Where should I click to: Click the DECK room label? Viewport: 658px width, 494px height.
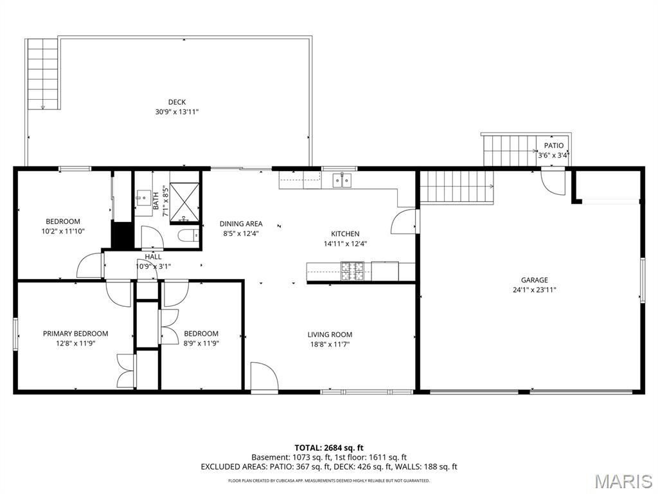(x=177, y=102)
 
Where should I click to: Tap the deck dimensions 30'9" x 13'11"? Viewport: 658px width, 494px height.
(x=177, y=112)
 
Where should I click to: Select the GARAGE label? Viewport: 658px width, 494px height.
(x=534, y=280)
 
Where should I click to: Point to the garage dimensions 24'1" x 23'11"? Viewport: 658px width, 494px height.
(x=534, y=290)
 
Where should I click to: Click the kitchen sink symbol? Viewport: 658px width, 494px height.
(x=343, y=180)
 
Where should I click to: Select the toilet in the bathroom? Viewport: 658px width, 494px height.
(x=189, y=236)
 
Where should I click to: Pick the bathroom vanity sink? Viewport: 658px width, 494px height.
(x=143, y=197)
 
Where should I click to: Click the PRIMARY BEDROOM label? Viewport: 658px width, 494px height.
(x=76, y=334)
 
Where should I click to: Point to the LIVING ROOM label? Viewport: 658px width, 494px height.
(x=330, y=334)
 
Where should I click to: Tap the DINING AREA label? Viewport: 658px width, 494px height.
(x=241, y=224)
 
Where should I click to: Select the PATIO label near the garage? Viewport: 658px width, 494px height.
(x=554, y=146)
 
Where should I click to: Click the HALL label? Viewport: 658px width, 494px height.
(x=153, y=257)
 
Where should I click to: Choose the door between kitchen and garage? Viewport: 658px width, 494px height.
(x=405, y=221)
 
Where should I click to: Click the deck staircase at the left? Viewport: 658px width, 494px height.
(x=43, y=74)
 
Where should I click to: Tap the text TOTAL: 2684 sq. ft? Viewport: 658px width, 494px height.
(x=329, y=448)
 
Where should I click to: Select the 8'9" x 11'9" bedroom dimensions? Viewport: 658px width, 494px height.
(x=201, y=343)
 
